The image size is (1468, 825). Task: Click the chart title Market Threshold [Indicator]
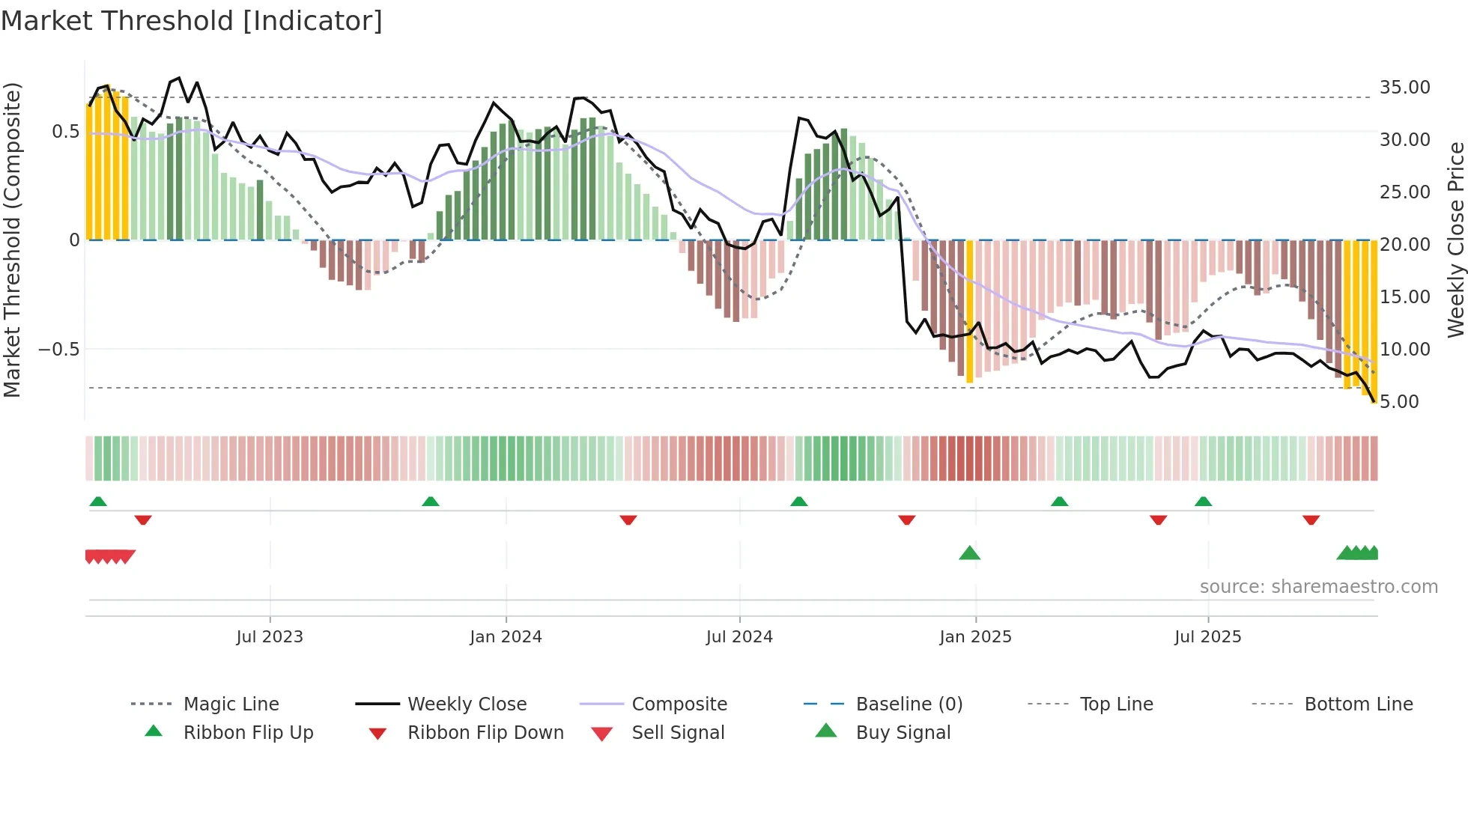(x=192, y=21)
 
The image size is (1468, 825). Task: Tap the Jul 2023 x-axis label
(x=270, y=637)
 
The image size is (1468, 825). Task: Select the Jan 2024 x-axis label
(x=506, y=637)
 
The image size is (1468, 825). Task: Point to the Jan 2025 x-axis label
(x=975, y=637)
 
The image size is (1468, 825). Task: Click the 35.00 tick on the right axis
(x=1404, y=88)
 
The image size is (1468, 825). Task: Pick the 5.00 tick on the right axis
(x=1399, y=402)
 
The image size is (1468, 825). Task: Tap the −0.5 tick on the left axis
(x=58, y=350)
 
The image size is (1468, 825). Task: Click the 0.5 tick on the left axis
(x=65, y=132)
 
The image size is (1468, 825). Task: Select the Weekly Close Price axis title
(x=1455, y=240)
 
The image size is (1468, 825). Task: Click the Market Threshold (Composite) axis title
(x=12, y=240)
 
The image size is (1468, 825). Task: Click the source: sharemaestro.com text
(x=1318, y=587)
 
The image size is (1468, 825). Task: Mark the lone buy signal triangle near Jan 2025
(x=969, y=553)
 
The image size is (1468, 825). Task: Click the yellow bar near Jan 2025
(x=969, y=311)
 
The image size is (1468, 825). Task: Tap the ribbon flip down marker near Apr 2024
(x=628, y=520)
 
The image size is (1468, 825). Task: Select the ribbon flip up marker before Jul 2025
(x=1203, y=502)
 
